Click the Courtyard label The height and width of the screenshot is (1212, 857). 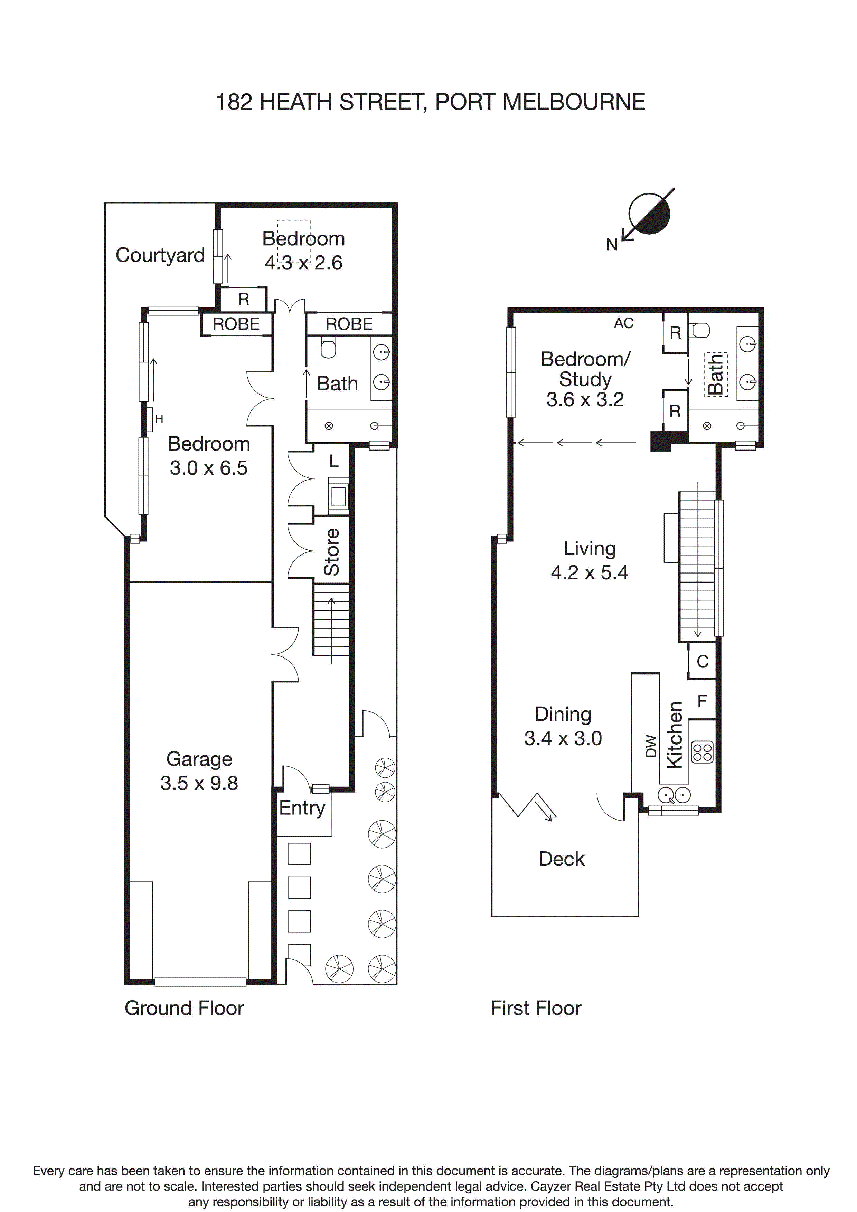click(x=160, y=255)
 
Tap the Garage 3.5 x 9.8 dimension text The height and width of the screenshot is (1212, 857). click(x=199, y=783)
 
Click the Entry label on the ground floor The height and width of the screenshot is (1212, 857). click(x=302, y=808)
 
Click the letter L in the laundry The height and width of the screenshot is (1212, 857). click(x=334, y=461)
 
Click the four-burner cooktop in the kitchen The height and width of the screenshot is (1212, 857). click(x=703, y=752)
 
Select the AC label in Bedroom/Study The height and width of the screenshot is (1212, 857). click(x=624, y=323)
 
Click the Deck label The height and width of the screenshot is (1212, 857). click(x=561, y=859)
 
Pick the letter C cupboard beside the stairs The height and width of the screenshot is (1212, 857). click(x=702, y=661)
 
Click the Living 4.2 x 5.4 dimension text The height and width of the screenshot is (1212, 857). click(x=589, y=572)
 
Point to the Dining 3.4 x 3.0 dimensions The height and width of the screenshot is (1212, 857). click(x=563, y=738)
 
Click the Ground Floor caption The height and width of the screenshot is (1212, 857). click(x=184, y=1008)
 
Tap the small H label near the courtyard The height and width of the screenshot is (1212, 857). click(x=159, y=419)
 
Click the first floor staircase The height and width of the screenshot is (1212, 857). click(x=697, y=565)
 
